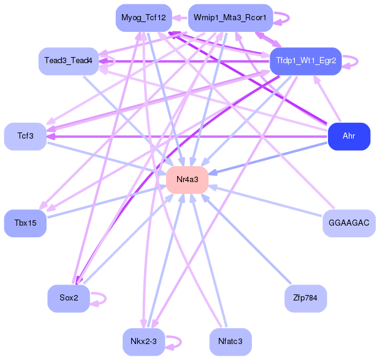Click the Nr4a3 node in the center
coord(187,180)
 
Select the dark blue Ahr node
coord(349,136)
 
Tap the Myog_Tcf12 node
coord(143,18)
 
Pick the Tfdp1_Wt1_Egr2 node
coord(305,61)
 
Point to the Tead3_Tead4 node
coord(69,61)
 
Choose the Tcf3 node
coord(25,136)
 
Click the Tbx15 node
coord(25,223)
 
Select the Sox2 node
coord(69,298)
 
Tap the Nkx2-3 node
coord(143,342)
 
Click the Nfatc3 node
coord(230,342)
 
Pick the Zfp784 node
coord(305,298)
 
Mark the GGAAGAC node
coord(349,223)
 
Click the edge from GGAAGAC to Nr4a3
coord(270,202)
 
